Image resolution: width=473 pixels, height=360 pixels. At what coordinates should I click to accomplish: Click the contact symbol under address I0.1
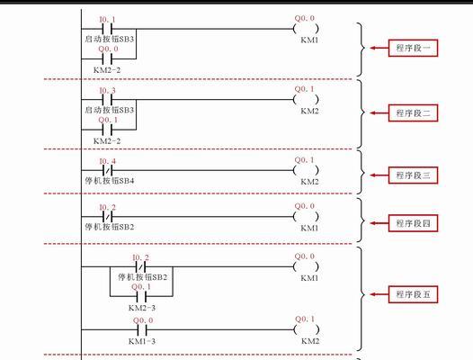107,29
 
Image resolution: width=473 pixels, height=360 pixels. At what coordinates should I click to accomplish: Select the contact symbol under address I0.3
107,99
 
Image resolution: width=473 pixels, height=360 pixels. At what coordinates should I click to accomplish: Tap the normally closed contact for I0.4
107,170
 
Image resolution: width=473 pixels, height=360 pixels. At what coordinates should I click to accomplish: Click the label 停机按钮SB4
110,181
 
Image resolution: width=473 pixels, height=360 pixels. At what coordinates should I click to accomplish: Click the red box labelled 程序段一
413,48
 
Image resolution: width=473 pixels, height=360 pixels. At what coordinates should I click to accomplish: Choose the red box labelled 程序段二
413,113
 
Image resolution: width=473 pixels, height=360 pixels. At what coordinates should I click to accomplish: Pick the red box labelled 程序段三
413,175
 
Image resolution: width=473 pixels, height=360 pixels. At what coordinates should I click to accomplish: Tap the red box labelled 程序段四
413,223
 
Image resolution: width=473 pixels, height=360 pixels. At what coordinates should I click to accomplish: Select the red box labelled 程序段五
413,294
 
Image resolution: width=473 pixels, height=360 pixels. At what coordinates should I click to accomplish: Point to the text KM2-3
142,308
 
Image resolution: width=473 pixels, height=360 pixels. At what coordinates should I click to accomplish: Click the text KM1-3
142,341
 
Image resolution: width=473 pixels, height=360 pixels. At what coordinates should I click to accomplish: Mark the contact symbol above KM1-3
142,329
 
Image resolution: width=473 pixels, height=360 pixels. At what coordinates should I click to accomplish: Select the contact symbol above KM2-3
142,296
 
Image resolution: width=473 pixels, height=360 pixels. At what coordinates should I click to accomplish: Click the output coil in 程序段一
306,29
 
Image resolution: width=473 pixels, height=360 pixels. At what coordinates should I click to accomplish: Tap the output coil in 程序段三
306,170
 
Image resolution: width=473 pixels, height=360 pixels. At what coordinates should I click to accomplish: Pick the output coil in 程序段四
306,217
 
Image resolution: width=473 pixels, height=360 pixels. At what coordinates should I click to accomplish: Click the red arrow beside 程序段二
379,113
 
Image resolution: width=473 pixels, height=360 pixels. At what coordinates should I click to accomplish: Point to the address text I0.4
108,161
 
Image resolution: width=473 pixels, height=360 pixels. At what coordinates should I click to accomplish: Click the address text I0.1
108,20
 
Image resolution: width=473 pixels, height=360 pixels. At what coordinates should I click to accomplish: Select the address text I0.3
108,90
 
